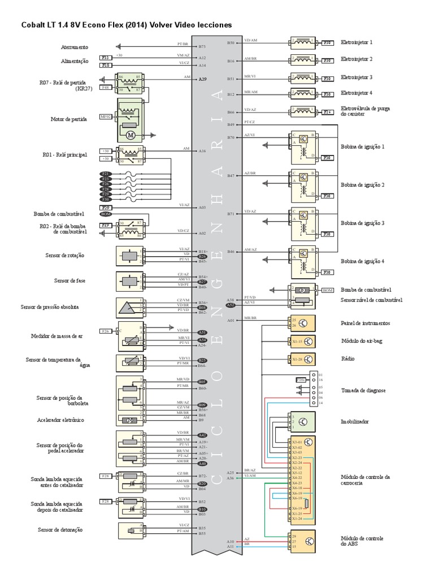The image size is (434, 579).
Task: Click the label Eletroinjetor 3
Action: tap(357, 77)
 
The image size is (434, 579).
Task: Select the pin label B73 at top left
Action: tap(202, 46)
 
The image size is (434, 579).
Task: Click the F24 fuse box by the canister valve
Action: tap(327, 112)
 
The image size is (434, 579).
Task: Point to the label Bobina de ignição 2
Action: tap(363, 185)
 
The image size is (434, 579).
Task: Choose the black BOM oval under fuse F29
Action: tap(106, 214)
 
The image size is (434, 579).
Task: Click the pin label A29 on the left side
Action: tap(202, 79)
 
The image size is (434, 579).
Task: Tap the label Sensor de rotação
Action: tap(64, 256)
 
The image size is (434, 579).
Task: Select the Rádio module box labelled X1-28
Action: tap(302, 359)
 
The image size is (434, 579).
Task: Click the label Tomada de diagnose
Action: tap(363, 391)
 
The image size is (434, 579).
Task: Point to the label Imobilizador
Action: tap(355, 422)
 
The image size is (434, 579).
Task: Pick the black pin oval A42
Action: tap(202, 435)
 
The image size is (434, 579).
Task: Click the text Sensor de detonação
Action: tap(60, 530)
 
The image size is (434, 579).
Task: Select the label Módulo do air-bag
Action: tap(360, 342)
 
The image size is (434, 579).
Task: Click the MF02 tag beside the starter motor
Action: tap(106, 116)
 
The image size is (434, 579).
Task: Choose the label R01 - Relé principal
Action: tap(64, 154)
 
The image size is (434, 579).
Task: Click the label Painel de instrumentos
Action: tap(365, 323)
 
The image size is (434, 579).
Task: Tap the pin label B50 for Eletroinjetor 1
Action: tap(231, 42)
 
